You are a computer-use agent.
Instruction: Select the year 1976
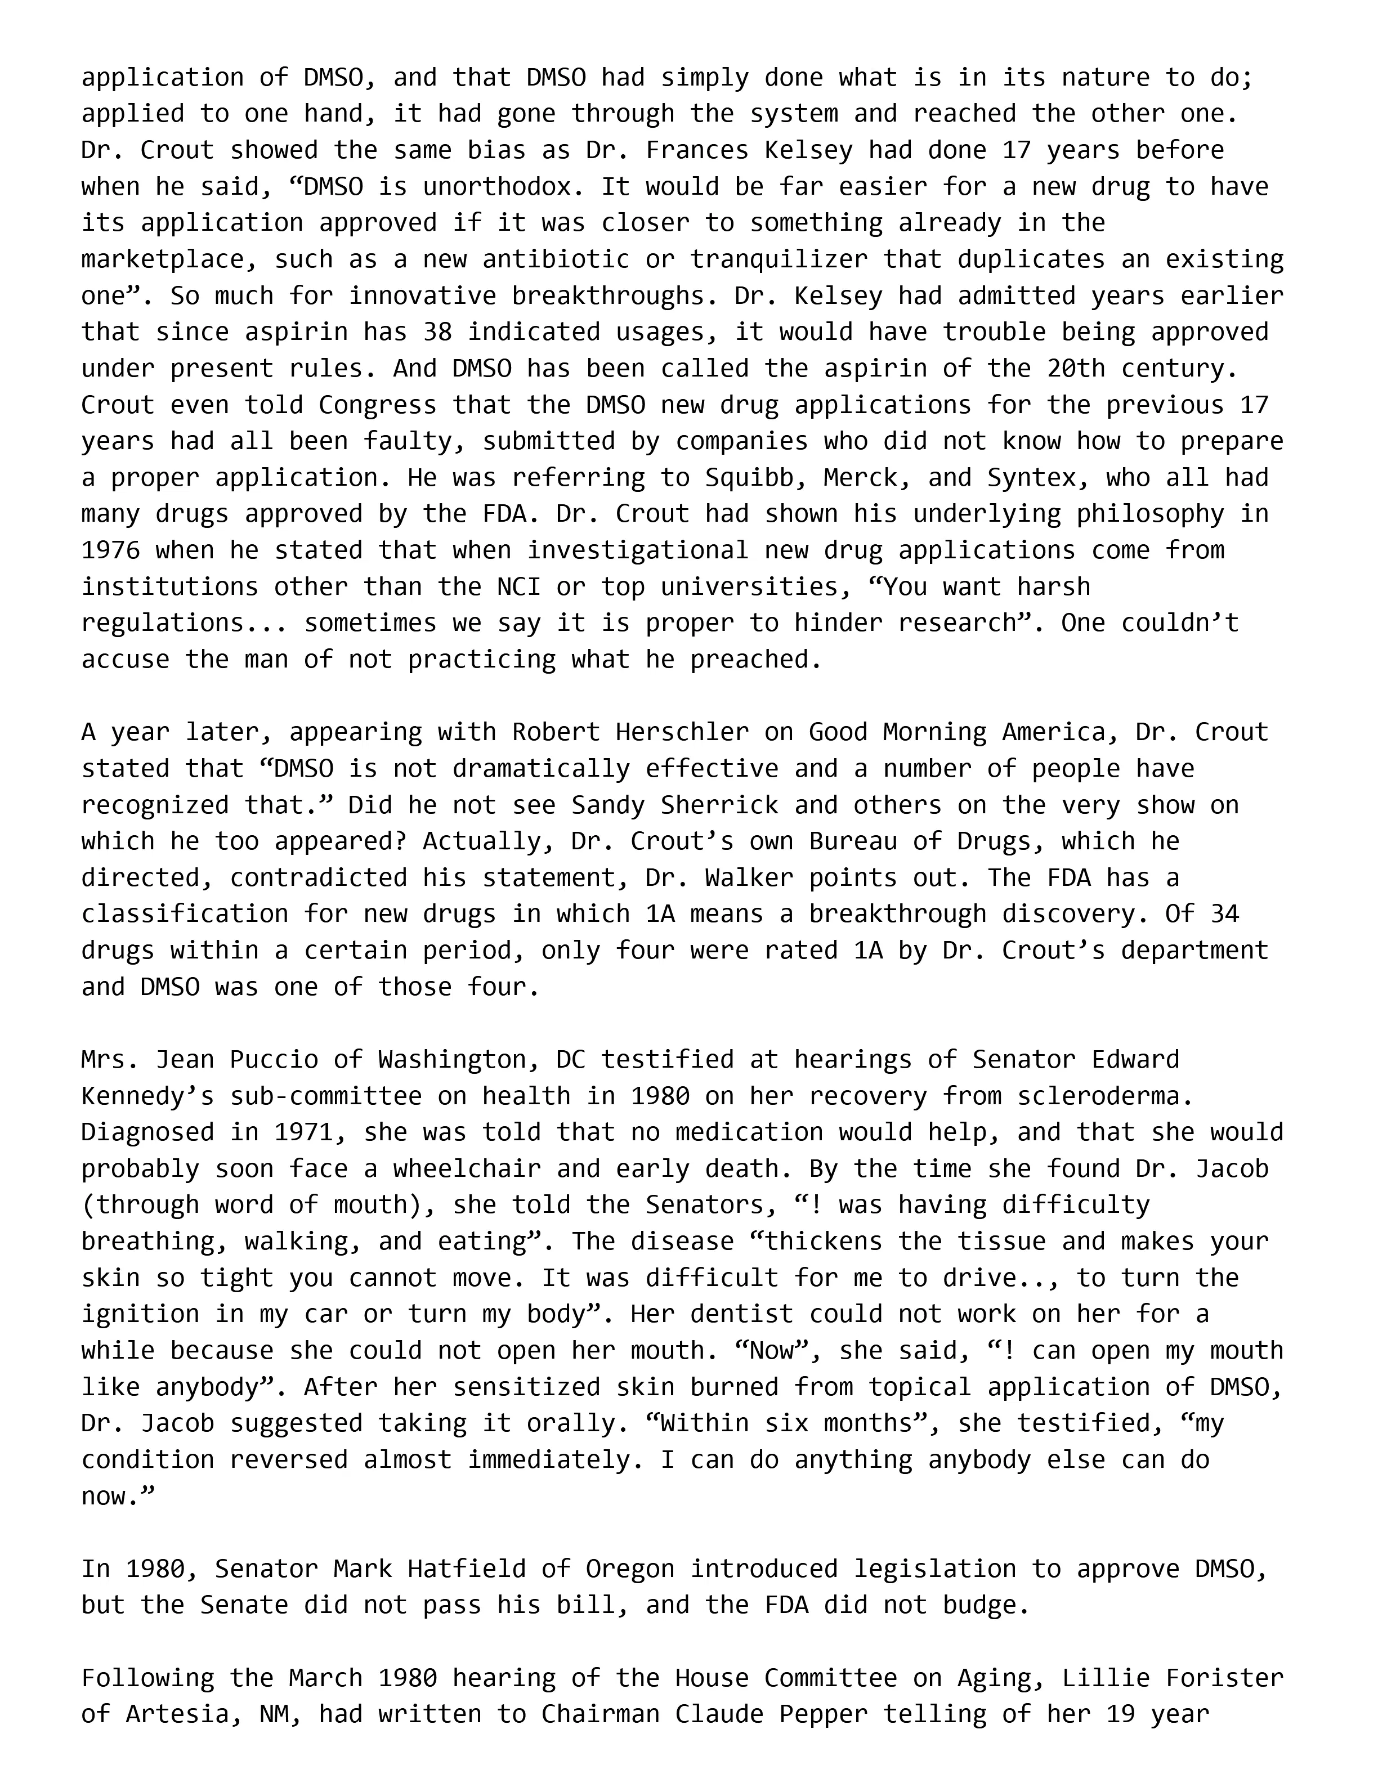tap(110, 550)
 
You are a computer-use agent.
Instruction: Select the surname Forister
tap(1217, 1678)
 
